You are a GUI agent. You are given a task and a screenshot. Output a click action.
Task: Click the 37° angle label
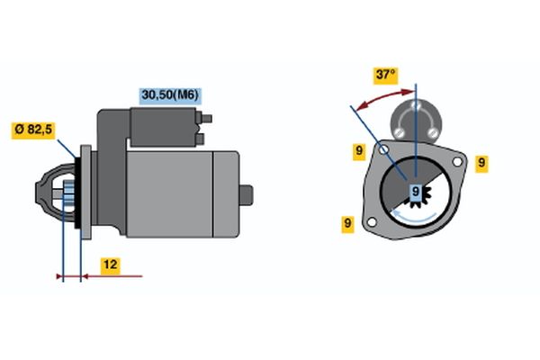(386, 76)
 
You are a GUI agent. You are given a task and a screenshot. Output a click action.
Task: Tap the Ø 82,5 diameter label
(33, 130)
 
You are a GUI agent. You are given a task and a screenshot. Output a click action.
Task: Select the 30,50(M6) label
(170, 95)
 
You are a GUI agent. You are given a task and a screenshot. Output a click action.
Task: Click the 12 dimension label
(110, 265)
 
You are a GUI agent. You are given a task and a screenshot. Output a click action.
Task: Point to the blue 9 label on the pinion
(416, 191)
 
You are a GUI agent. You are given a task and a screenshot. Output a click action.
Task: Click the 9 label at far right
(481, 163)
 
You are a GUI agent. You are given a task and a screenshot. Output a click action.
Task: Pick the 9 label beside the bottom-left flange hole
(347, 224)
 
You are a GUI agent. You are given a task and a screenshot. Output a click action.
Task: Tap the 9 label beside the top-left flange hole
(359, 151)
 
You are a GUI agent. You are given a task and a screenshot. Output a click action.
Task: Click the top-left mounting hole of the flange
(383, 149)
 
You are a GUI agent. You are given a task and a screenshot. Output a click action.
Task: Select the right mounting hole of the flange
(457, 162)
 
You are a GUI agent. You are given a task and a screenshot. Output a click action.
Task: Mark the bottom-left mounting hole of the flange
(372, 222)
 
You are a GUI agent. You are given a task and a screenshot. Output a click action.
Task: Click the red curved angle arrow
(383, 97)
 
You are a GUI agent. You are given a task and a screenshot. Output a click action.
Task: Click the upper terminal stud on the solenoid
(206, 119)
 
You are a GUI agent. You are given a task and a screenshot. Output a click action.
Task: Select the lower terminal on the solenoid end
(200, 139)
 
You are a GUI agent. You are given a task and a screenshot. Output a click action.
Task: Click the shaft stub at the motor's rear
(247, 195)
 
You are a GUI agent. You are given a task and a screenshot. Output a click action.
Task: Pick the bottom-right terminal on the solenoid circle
(433, 132)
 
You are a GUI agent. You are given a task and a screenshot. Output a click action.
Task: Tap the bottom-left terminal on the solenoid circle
(399, 132)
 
